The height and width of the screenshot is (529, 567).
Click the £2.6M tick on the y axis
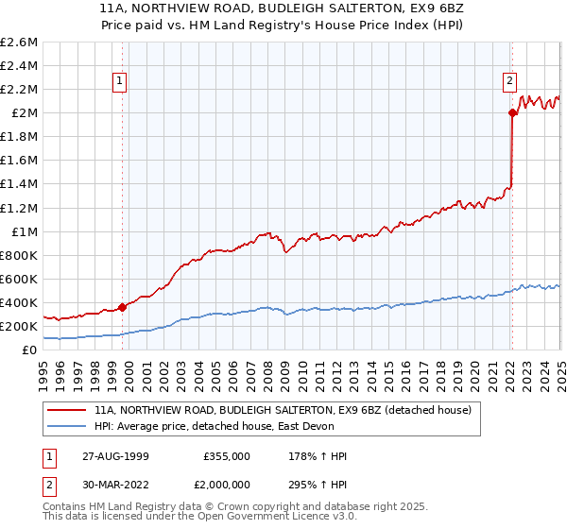20,43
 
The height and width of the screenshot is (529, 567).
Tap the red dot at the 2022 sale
512,112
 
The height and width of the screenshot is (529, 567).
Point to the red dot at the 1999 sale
123,307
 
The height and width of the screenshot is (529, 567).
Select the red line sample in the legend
67,411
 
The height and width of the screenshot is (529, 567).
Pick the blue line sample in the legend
67,427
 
